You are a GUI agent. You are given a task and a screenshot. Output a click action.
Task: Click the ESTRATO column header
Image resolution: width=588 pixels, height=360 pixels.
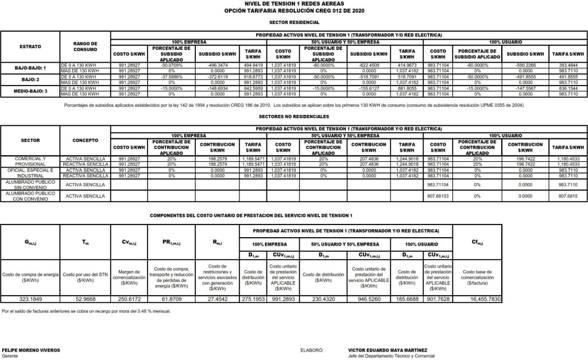point(30,45)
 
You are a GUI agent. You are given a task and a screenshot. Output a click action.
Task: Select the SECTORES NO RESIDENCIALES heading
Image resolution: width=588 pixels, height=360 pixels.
point(294,115)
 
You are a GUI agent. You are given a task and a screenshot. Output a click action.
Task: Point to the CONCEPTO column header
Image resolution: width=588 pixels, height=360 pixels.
point(85,140)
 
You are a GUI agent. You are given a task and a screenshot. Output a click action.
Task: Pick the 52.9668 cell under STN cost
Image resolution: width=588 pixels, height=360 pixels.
point(85,299)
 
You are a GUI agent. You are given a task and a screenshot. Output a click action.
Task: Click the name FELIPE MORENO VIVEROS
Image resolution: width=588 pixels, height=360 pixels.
point(27,350)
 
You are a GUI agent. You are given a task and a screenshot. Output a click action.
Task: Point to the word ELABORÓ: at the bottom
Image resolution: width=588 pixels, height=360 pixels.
point(312,350)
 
